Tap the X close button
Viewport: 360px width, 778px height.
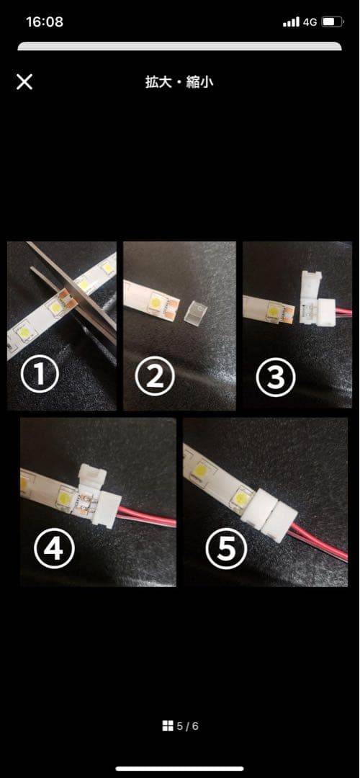tap(24, 82)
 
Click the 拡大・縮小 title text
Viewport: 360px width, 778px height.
tap(179, 82)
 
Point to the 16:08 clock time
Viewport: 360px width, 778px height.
tap(44, 22)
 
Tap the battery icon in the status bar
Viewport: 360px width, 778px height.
tap(332, 22)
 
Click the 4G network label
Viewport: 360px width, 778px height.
tap(310, 22)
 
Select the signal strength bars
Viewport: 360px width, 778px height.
tap(291, 22)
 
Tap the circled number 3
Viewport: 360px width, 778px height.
tap(276, 376)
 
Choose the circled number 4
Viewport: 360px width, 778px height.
tap(53, 549)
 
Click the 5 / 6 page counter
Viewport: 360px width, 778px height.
tap(187, 726)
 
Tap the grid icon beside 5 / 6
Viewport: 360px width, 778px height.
tap(168, 726)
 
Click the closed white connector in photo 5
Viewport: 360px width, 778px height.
tap(269, 513)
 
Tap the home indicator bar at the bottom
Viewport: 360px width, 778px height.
tap(180, 769)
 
